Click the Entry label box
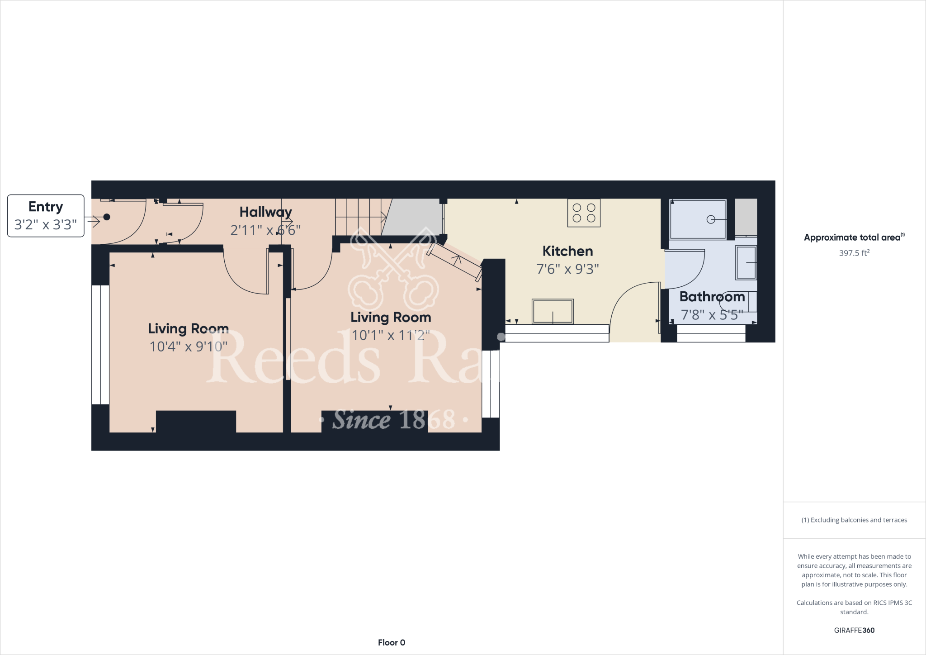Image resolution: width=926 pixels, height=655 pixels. pyautogui.click(x=46, y=216)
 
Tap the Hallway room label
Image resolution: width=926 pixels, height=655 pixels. pyautogui.click(x=265, y=212)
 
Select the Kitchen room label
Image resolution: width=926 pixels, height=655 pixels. pyautogui.click(x=567, y=251)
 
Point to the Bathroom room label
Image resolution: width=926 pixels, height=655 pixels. pyautogui.click(x=712, y=297)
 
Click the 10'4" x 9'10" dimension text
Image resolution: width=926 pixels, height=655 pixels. pyautogui.click(x=188, y=346)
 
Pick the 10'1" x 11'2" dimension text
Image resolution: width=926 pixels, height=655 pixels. pyautogui.click(x=391, y=335)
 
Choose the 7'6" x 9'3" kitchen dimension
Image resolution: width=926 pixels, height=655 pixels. pyautogui.click(x=567, y=269)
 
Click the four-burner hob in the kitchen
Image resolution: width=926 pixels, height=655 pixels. pyautogui.click(x=584, y=213)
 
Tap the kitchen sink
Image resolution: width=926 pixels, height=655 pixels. pyautogui.click(x=553, y=311)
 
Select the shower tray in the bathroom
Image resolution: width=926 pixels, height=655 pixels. pyautogui.click(x=698, y=219)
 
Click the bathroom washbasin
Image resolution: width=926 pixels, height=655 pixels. pyautogui.click(x=746, y=262)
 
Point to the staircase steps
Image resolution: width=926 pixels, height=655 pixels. pyautogui.click(x=359, y=217)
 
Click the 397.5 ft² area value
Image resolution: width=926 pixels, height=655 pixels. pyautogui.click(x=854, y=253)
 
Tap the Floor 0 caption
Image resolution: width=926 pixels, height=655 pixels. pyautogui.click(x=392, y=642)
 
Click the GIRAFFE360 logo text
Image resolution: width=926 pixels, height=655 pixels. pyautogui.click(x=854, y=630)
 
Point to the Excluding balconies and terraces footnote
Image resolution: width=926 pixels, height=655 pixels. pyautogui.click(x=854, y=520)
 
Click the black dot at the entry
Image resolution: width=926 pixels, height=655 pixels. pyautogui.click(x=107, y=217)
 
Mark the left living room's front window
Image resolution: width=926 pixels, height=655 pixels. pyautogui.click(x=100, y=345)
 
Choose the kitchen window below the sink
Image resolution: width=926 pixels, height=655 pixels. pyautogui.click(x=557, y=333)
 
